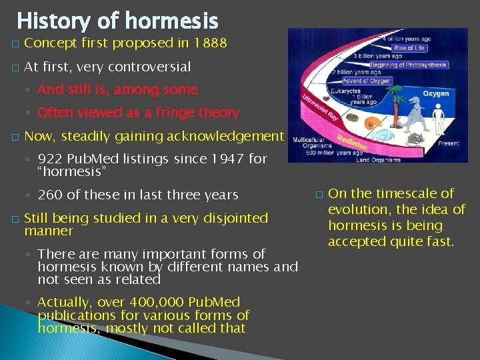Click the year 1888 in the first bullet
(208, 44)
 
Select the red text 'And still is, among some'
(118, 89)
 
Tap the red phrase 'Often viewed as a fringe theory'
(138, 113)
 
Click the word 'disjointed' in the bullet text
(235, 218)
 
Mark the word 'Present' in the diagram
(447, 143)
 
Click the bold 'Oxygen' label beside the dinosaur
(436, 94)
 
